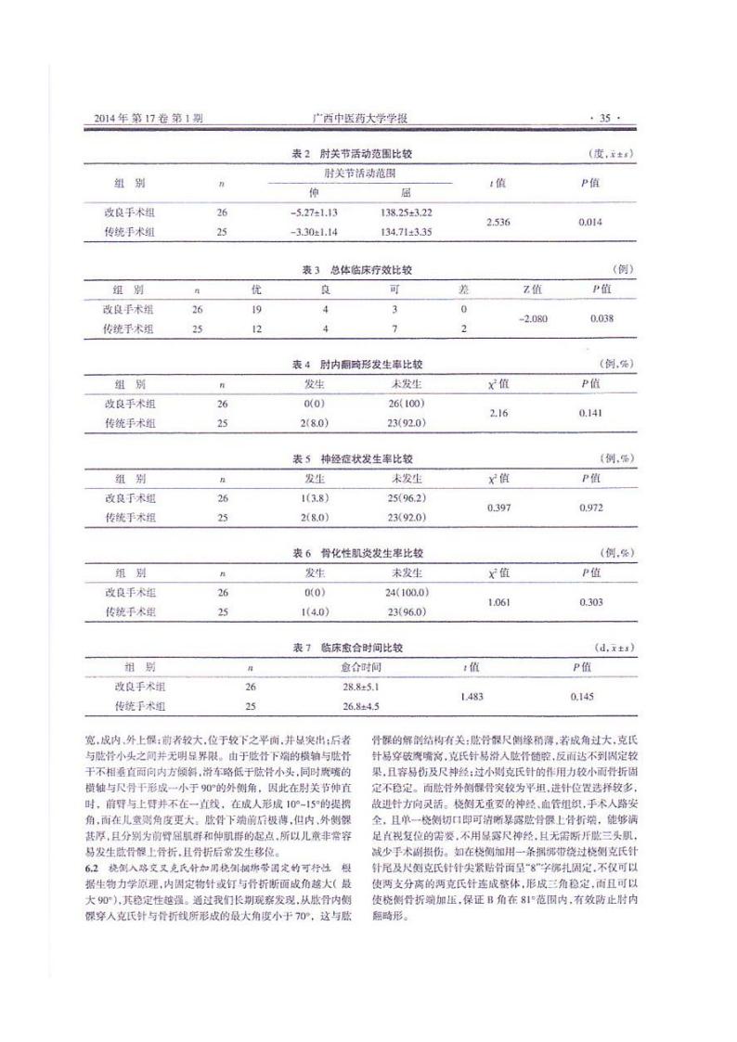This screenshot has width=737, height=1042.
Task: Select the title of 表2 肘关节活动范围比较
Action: click(351, 151)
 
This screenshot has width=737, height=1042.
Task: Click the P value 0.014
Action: click(591, 223)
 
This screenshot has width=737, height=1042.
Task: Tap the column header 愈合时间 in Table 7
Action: click(361, 666)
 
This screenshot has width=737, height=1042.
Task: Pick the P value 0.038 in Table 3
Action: click(603, 319)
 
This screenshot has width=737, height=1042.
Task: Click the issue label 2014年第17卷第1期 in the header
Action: click(149, 119)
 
